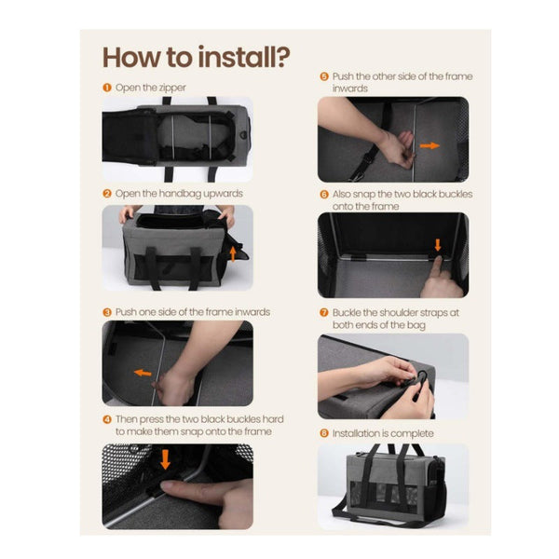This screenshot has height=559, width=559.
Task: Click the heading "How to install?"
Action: (196, 57)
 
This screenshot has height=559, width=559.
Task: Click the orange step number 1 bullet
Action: (107, 88)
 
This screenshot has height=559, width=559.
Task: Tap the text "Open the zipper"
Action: (151, 88)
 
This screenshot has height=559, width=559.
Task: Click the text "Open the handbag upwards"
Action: (179, 194)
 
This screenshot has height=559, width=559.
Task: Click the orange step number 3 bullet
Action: (107, 311)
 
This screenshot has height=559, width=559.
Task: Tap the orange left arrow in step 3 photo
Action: (143, 374)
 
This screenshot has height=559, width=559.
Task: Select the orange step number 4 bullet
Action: (107, 418)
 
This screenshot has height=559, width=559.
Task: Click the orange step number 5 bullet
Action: (323, 76)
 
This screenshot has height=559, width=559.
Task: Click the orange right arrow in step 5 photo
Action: (429, 146)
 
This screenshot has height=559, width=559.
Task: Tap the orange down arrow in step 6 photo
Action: (436, 247)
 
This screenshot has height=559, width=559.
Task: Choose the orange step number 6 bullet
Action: (323, 194)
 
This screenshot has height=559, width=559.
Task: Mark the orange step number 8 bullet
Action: (323, 433)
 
